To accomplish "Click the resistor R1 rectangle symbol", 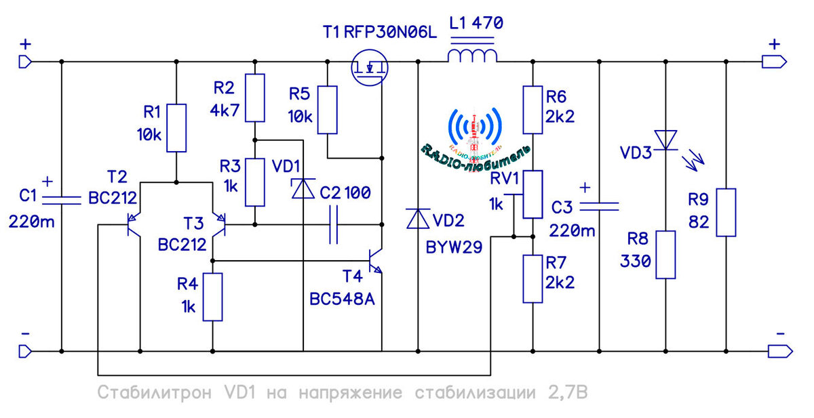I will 176,128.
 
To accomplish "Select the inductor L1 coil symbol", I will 471,56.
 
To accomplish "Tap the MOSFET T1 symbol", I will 369,70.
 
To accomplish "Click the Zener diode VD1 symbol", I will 302,188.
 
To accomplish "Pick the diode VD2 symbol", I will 417,218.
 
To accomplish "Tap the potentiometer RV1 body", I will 532,194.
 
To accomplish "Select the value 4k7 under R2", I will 227,110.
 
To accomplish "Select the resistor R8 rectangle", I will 665,254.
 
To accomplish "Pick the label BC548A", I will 342,299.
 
